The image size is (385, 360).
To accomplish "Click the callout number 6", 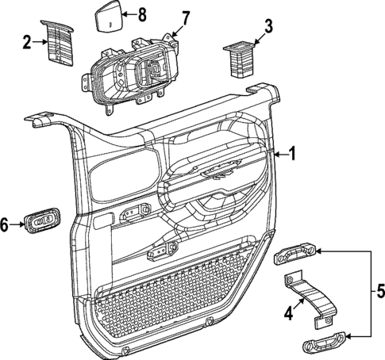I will (x=6, y=225).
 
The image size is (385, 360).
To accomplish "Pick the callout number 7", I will (x=186, y=17).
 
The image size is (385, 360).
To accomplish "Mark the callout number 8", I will (x=142, y=13).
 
